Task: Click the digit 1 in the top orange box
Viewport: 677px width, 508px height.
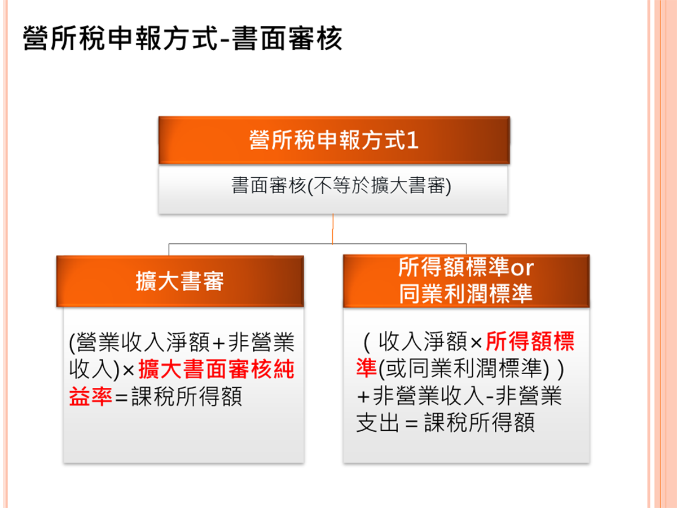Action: point(412,141)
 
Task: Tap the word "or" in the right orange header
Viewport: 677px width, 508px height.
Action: point(522,268)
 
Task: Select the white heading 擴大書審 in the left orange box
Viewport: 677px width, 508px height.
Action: point(180,281)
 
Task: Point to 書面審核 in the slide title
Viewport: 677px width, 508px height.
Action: point(287,38)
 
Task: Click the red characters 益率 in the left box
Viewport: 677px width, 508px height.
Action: point(90,396)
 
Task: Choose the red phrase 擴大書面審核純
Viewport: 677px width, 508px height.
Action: point(217,369)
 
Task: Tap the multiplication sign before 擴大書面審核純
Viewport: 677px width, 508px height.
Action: point(128,370)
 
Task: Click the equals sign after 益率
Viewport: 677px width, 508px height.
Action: point(121,397)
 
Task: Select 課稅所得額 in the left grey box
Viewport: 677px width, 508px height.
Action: point(187,396)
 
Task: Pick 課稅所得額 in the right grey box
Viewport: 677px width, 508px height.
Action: point(480,422)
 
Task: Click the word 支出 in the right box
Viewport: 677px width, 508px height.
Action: point(377,422)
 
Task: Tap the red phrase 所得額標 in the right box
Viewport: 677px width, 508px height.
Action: point(530,341)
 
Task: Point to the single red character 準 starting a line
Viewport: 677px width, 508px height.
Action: point(367,368)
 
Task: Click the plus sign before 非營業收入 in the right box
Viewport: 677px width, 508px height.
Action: point(363,397)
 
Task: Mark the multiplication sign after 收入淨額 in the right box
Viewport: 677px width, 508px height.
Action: point(476,343)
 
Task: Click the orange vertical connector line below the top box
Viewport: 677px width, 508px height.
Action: point(333,229)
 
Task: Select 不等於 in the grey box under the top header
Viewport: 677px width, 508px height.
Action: point(342,186)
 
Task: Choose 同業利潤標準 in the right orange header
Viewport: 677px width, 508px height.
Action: point(466,294)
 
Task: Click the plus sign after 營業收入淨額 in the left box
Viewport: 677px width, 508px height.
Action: point(218,343)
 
